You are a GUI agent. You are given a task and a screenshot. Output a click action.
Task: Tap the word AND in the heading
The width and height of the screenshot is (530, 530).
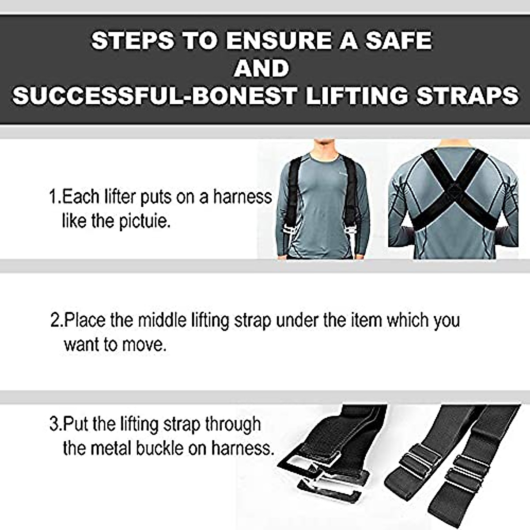(x=261, y=68)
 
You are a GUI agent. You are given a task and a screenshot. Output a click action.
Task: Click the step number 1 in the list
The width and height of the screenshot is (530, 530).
(x=53, y=197)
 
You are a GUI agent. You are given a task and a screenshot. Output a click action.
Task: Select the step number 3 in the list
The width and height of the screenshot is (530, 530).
(x=54, y=424)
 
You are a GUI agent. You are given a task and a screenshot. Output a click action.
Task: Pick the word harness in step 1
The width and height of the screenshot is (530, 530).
(x=242, y=197)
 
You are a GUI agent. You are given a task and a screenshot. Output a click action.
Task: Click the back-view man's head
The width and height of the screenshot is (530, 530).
(x=452, y=142)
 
